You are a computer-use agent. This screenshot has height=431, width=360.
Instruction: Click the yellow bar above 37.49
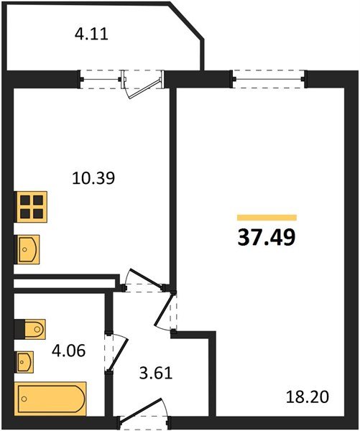[x=267, y=217]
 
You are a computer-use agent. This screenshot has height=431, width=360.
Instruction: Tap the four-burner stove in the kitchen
[x=32, y=208]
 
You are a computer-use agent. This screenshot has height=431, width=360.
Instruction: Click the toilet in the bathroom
[x=31, y=329]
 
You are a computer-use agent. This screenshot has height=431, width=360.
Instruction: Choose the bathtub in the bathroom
[x=52, y=397]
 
